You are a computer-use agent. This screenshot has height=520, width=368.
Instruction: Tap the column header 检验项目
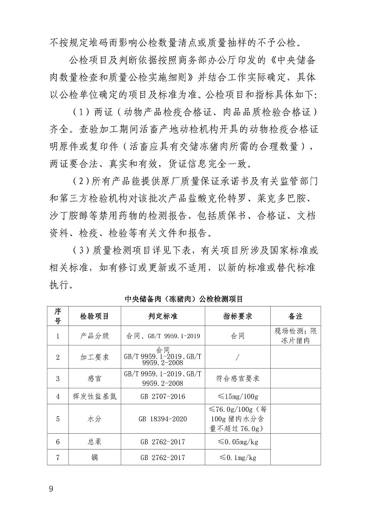94,317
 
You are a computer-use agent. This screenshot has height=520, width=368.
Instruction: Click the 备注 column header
295,317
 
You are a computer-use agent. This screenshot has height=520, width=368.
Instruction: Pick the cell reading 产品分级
94,335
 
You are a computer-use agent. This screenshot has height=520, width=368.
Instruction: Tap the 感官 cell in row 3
94,378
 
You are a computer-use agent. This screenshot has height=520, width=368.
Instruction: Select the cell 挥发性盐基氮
94,396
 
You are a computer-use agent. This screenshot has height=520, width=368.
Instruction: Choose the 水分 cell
94,419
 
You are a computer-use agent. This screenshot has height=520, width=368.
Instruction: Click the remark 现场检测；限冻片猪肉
295,335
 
